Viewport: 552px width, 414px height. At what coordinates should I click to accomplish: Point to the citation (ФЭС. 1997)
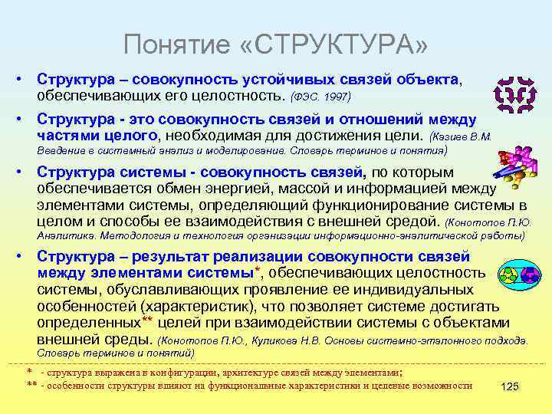click(x=320, y=97)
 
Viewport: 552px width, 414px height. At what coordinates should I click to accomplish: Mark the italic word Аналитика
click(x=66, y=237)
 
